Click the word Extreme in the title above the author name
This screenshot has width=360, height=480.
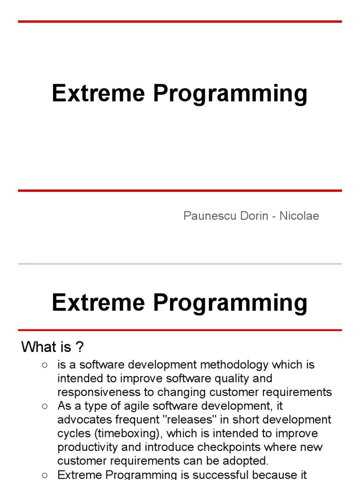tap(99, 93)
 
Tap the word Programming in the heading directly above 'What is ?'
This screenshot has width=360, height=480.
tap(230, 303)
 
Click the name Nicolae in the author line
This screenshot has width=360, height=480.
tap(299, 216)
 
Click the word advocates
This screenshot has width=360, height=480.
tap(83, 419)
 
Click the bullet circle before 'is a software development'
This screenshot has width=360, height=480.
tap(45, 365)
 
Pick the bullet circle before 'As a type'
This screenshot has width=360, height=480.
tap(45, 406)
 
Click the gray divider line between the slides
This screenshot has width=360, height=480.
tap(180, 264)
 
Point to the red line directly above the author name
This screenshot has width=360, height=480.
tap(180, 191)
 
